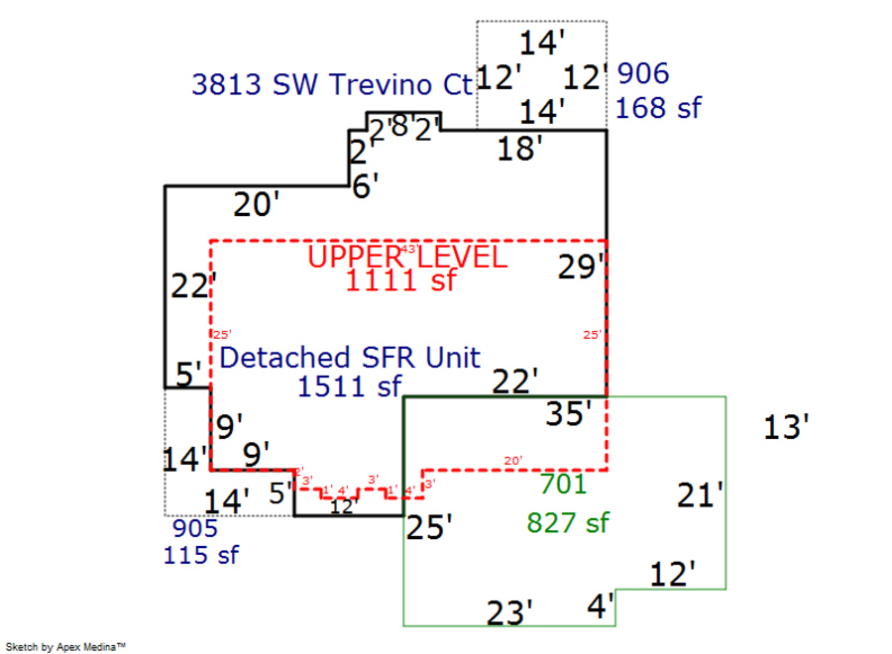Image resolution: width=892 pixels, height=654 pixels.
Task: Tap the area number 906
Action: [642, 74]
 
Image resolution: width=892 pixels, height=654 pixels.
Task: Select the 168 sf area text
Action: [658, 107]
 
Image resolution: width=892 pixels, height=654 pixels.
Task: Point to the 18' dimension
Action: [519, 150]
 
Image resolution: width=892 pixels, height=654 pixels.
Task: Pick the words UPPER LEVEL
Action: [407, 257]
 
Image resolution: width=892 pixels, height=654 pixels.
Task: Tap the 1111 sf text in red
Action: [400, 280]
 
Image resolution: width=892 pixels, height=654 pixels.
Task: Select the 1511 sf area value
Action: [349, 386]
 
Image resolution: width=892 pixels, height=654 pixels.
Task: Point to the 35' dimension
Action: [570, 412]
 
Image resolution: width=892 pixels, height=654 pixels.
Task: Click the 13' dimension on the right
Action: [787, 428]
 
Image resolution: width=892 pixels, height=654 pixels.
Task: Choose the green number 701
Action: [563, 485]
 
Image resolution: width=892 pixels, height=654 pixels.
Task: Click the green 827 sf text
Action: [568, 522]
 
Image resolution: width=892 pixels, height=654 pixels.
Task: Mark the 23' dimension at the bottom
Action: [510, 613]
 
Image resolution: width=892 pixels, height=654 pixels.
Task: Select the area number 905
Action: [195, 528]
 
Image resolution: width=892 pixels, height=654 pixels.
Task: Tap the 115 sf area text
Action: [200, 555]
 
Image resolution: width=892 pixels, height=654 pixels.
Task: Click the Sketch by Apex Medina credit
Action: [66, 646]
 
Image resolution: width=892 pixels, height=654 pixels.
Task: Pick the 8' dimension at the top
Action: [398, 126]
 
